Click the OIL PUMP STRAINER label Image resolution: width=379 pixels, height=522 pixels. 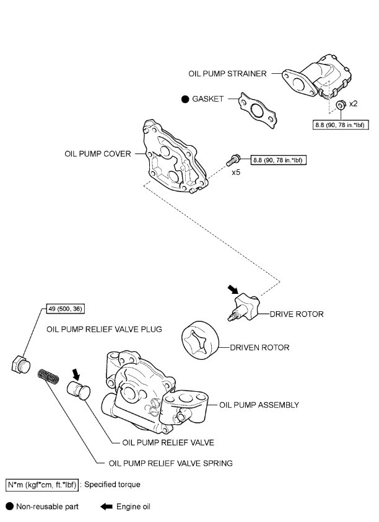click(228, 73)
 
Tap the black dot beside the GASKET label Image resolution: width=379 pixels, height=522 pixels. click(185, 99)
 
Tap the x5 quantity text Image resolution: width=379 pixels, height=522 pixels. click(236, 174)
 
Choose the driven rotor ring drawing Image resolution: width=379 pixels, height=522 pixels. click(199, 340)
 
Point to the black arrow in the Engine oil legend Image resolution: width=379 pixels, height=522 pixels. click(106, 507)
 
